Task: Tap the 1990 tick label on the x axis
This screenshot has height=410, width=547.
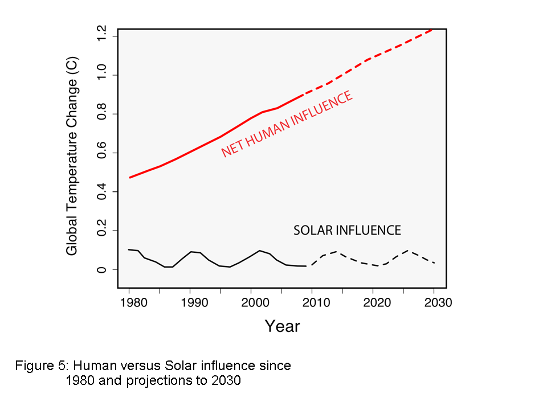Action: click(191, 302)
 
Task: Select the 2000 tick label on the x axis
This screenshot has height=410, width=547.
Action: click(252, 302)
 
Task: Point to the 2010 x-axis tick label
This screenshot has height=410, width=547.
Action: click(313, 302)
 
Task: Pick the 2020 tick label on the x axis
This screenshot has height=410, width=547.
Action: click(374, 302)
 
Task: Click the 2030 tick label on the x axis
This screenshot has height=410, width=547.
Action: click(435, 302)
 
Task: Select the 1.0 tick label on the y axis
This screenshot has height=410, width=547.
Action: click(102, 75)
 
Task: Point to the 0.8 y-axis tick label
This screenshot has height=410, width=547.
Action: click(102, 114)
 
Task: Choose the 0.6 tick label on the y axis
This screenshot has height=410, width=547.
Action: click(102, 153)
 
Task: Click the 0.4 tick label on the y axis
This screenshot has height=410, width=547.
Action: click(102, 192)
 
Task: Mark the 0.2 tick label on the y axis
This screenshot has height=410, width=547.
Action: click(102, 231)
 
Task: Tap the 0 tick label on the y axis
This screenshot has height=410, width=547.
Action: click(102, 269)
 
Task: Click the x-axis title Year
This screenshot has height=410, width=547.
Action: click(282, 326)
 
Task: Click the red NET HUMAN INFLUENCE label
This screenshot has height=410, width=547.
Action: click(287, 124)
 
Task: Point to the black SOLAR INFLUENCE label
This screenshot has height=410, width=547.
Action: click(347, 230)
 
